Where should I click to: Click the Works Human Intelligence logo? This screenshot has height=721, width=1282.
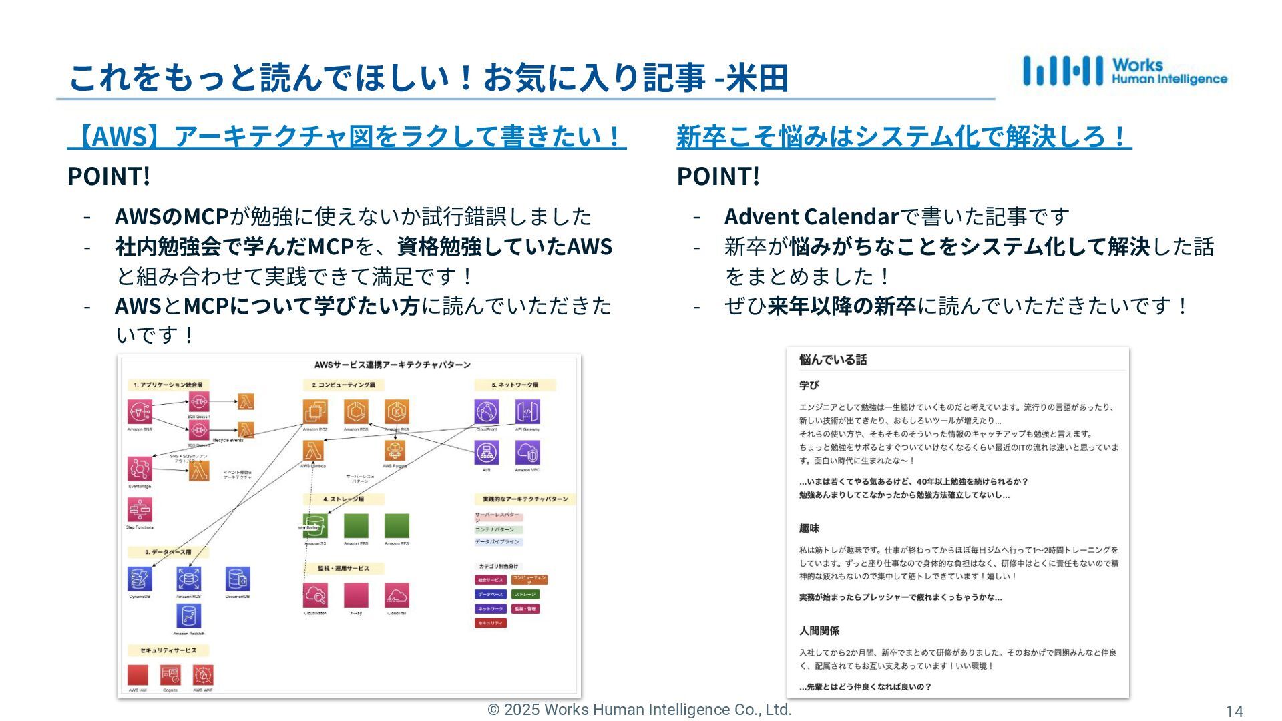point(1124,71)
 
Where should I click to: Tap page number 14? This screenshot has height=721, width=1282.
point(1234,712)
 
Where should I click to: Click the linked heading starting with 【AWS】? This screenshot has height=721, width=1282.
point(347,136)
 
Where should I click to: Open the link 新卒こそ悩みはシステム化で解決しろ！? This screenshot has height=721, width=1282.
point(903,136)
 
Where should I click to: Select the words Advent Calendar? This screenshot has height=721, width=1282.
point(811,216)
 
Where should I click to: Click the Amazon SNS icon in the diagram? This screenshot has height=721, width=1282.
point(140,412)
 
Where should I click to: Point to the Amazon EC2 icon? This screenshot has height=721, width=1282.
point(315,412)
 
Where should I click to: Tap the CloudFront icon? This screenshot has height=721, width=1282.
point(486,412)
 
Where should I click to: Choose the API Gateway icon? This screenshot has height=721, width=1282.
point(527,412)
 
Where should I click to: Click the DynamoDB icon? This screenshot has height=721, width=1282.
point(140,579)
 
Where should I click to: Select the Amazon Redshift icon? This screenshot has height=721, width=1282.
point(188,616)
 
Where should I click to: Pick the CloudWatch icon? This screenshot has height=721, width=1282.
point(315,595)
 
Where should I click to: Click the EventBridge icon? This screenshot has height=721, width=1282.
point(140,469)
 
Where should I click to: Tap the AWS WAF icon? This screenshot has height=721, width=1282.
point(202,675)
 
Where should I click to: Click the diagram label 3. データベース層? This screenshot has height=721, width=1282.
point(168,552)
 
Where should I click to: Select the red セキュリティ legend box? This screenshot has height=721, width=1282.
point(490,623)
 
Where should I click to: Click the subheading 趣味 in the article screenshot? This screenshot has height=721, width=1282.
point(809,528)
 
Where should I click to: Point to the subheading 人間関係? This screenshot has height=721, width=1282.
point(819,630)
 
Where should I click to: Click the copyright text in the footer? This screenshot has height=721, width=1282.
point(639,710)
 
